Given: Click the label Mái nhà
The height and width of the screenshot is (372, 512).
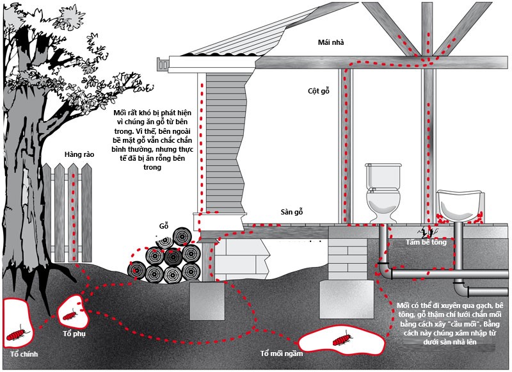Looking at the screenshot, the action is coord(331,42).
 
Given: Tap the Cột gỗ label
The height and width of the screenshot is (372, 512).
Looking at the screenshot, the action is coord(318,90).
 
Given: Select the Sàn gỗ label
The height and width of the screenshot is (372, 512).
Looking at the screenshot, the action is coord(292,212).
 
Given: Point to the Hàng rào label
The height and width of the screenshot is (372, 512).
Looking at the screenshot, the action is coord(79,154).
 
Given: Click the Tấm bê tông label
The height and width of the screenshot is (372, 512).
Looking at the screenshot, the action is coord(426,242).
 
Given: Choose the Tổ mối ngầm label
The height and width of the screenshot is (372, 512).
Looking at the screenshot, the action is coord(282,353).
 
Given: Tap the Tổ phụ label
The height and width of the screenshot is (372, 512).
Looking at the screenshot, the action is coord(74,334).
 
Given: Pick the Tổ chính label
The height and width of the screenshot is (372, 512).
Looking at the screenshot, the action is coord(24,354).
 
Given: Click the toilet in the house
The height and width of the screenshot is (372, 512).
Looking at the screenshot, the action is coord(383,193).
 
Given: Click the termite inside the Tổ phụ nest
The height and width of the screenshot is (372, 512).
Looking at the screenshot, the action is coord(70,316).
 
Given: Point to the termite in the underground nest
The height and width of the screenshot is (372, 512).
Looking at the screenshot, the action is coord(342,338).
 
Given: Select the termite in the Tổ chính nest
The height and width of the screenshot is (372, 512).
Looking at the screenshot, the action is coord(17,334).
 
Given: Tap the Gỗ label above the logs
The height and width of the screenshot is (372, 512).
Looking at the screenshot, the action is coord(164,225).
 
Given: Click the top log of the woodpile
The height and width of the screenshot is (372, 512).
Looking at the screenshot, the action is coord(182,236).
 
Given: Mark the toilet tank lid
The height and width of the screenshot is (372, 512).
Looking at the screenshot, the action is coord(383,165).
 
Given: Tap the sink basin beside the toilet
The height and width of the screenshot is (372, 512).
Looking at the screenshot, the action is coord(460,205).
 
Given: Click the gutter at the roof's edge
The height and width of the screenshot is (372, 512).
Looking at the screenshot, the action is coord(163,64).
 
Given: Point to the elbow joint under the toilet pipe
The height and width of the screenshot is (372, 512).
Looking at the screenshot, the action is coord(385,270).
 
